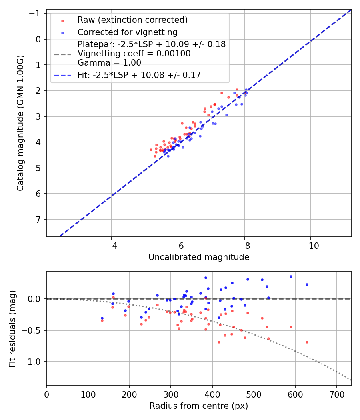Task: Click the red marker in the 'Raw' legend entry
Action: (62, 20)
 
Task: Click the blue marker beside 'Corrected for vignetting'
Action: (62, 32)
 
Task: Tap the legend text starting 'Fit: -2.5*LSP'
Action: (139, 75)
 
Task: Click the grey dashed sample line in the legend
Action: (62, 54)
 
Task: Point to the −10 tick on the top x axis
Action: (310, 245)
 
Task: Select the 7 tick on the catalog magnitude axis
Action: (39, 220)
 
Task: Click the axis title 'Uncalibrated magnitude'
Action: (199, 257)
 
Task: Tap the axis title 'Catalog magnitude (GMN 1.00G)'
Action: (20, 123)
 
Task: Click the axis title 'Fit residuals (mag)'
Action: (12, 328)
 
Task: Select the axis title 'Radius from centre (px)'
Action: (199, 406)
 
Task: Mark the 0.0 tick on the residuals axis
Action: (36, 299)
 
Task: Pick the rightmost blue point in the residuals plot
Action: (307, 284)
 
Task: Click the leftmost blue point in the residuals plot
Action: (102, 318)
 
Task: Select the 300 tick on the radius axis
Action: (171, 394)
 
